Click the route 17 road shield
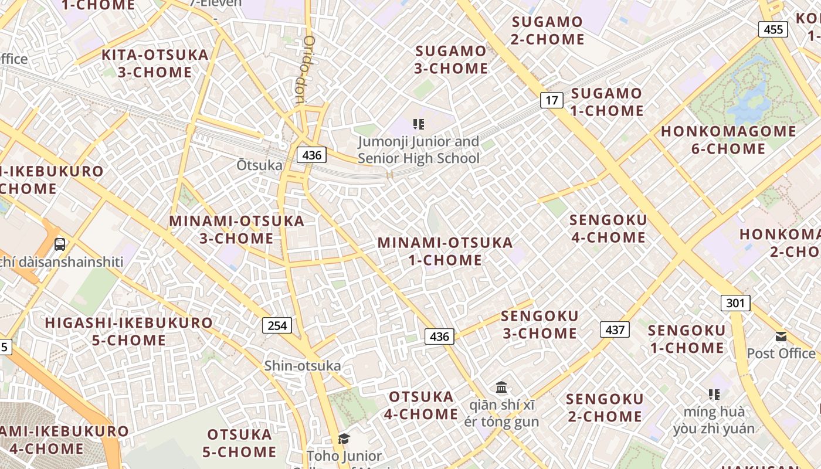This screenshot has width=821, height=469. point(551,100)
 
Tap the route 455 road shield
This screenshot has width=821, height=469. point(773,29)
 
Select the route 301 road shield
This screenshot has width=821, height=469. point(735,303)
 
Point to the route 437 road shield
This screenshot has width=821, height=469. point(615,329)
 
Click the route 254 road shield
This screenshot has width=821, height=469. point(276,325)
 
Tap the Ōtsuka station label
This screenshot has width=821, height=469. point(259,165)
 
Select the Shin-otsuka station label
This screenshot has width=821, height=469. point(302,366)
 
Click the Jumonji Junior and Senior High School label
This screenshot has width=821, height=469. point(419,149)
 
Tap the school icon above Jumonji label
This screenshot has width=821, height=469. point(418,124)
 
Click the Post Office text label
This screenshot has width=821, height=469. point(781,353)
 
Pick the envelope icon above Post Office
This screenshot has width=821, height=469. point(781,337)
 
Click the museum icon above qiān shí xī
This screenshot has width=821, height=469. point(501,387)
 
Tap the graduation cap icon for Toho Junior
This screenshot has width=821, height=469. point(344,439)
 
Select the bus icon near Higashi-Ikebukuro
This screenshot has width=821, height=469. point(59,244)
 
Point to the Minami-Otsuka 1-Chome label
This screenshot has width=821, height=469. point(445,251)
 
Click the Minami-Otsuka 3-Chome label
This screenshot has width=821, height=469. point(236,229)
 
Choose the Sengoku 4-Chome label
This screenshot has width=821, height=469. point(608,229)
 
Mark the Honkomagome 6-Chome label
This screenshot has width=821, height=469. point(728,140)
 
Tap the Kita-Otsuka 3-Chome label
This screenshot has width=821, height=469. point(155,63)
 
